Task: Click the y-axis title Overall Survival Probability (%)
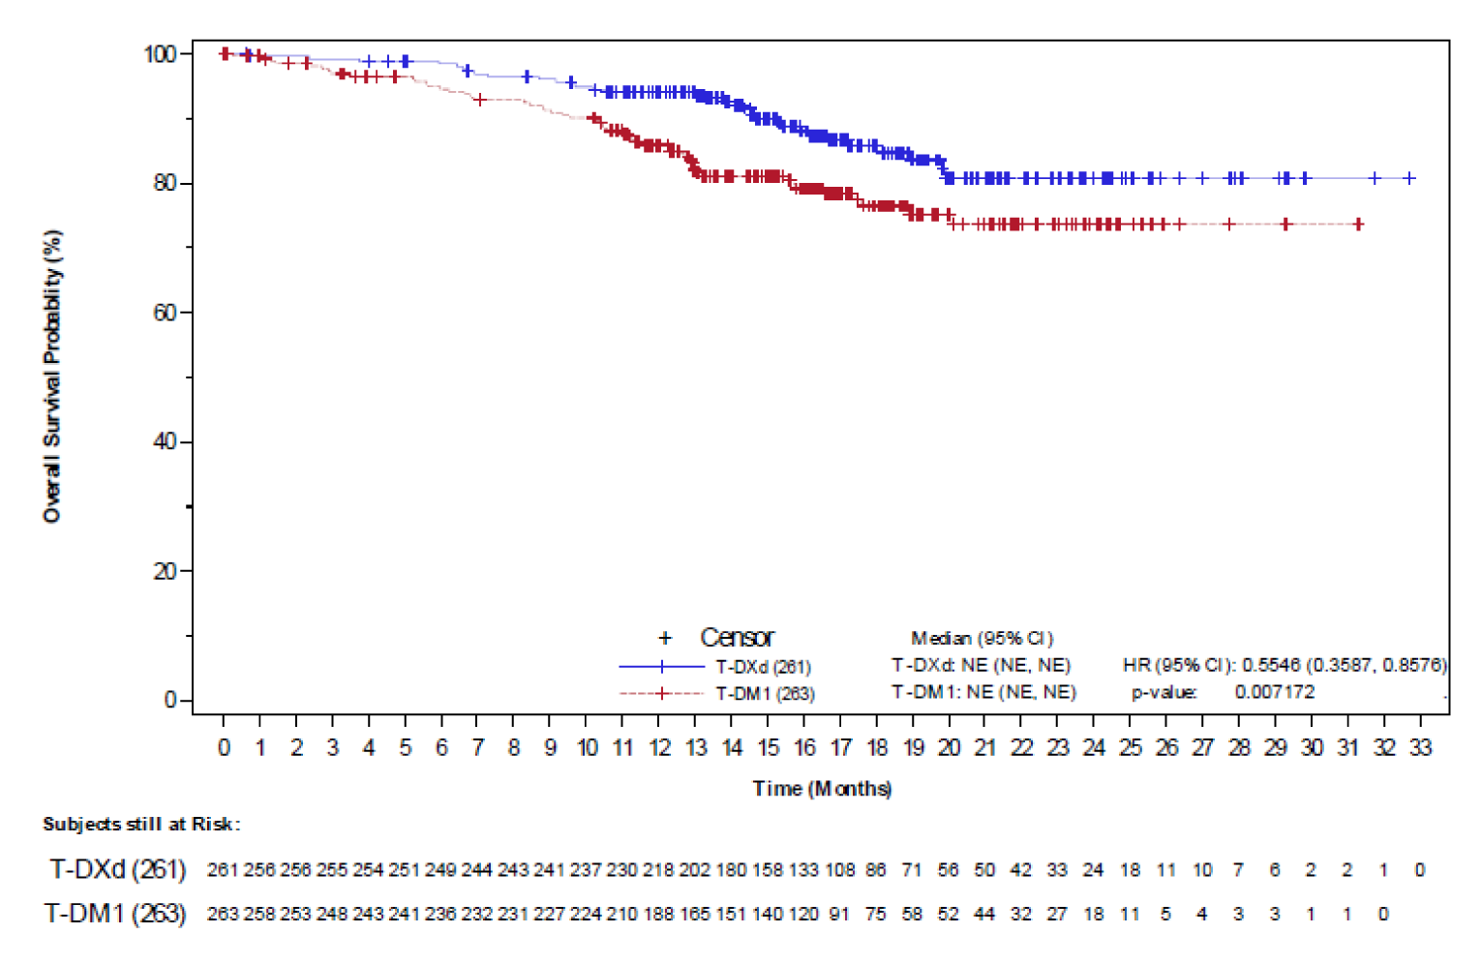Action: (x=52, y=377)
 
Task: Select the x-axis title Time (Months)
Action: (x=822, y=788)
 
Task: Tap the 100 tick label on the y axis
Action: (x=160, y=54)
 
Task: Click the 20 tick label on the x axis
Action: (x=949, y=747)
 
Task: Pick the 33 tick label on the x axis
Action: (x=1420, y=747)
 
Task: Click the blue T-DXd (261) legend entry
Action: (x=763, y=667)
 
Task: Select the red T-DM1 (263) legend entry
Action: (x=765, y=694)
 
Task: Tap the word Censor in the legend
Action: (x=737, y=638)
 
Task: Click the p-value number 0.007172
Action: (x=1274, y=692)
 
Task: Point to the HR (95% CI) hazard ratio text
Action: (x=1285, y=665)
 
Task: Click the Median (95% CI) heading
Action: (x=982, y=638)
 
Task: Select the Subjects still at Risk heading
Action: (x=141, y=824)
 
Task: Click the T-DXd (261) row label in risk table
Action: (x=118, y=869)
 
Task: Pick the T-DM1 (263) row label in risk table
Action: (x=115, y=913)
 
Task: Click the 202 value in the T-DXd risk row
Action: (x=694, y=870)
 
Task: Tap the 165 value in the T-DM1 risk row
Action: (x=694, y=914)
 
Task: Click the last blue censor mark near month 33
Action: (x=1409, y=178)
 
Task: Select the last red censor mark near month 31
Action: (x=1358, y=225)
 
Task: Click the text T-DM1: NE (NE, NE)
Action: (x=983, y=692)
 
